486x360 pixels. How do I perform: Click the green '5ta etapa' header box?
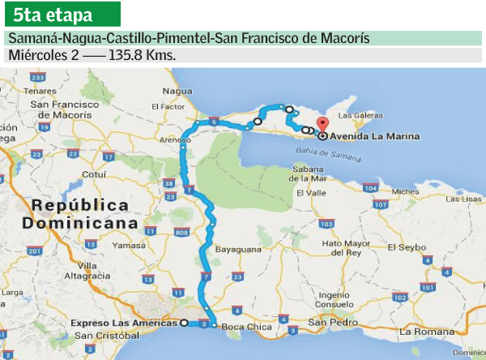coord(62,14)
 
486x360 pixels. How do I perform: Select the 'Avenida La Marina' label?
coord(375,137)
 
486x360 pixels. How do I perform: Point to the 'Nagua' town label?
coord(177,91)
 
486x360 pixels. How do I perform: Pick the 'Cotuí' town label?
coord(95,174)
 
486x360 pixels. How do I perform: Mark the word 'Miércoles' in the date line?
coord(35,55)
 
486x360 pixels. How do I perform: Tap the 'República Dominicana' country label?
coord(75,213)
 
